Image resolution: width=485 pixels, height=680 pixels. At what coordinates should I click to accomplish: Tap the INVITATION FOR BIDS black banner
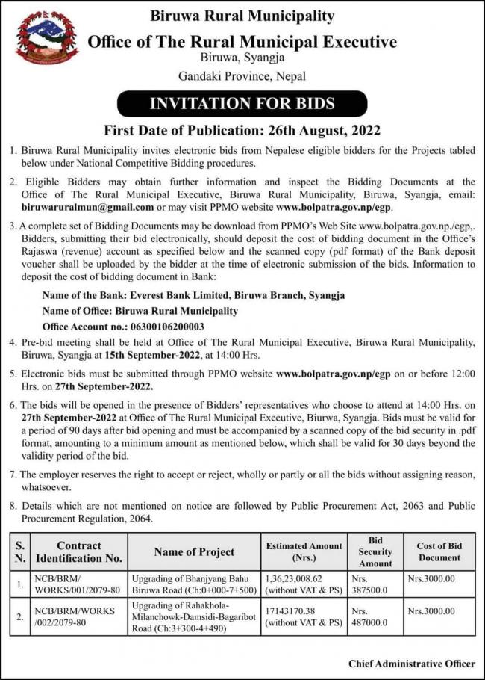[243, 103]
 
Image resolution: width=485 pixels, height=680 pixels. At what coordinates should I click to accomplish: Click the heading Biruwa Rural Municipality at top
[242, 15]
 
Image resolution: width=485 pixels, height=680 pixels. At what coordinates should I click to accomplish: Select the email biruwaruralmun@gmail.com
[88, 207]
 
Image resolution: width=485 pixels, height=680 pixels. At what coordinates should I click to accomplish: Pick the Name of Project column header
[194, 552]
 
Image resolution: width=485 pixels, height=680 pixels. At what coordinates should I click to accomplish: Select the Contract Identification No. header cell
[79, 552]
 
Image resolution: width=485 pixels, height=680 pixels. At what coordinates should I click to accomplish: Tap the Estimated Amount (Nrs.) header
[304, 552]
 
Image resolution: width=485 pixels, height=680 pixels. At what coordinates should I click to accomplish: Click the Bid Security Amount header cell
[375, 552]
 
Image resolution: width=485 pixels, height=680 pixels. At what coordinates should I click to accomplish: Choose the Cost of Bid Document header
[439, 552]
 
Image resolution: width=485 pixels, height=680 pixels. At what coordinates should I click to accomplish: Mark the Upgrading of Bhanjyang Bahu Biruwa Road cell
[194, 584]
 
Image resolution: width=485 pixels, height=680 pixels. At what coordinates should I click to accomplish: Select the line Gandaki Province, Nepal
[242, 75]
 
